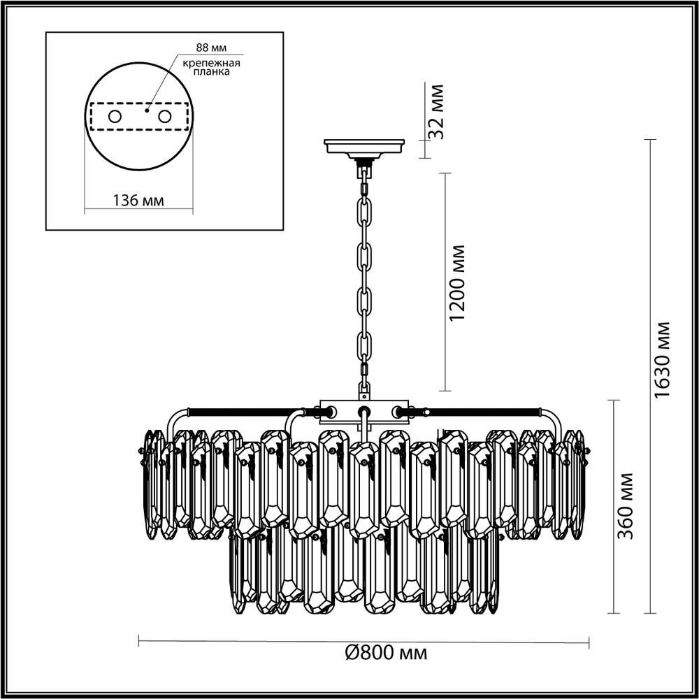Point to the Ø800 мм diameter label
(x=386, y=653)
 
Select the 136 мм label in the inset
(x=138, y=201)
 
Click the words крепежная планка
(x=211, y=68)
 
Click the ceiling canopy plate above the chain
(x=365, y=147)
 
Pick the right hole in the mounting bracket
(x=165, y=117)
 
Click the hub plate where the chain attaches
(x=363, y=412)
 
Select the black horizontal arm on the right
(x=482, y=412)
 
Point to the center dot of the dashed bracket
(x=147, y=110)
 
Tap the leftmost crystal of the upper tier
(x=151, y=482)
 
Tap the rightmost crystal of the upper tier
(x=579, y=482)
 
